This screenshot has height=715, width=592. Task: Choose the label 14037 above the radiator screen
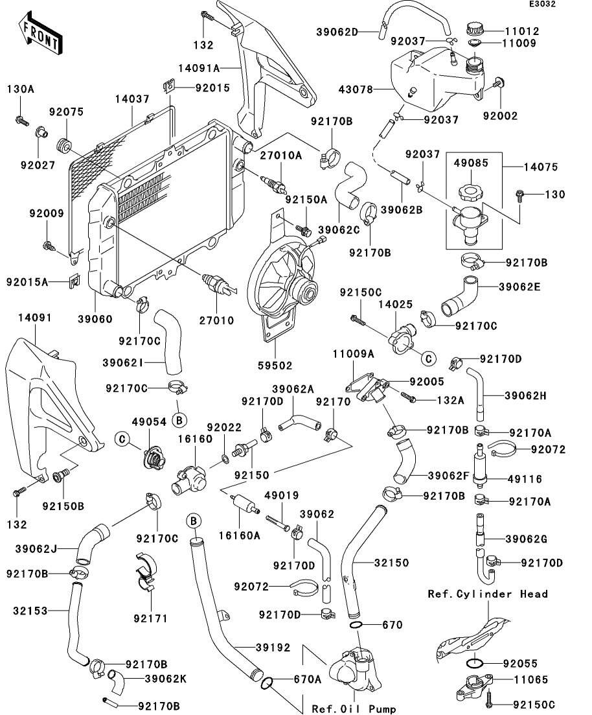click(132, 99)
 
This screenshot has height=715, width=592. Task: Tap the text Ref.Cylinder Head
click(488, 594)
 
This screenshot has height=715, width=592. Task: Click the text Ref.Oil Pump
click(354, 709)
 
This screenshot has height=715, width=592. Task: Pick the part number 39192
click(254, 648)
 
